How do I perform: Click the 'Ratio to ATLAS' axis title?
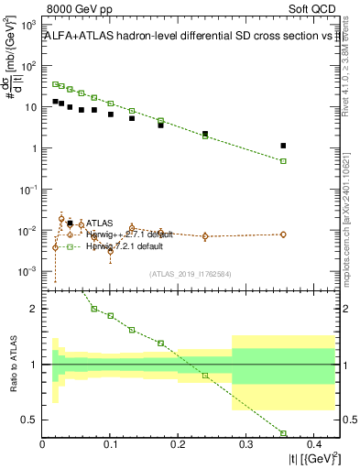[12, 365]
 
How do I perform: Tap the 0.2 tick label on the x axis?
[178, 446]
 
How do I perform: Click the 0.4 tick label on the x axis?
[312, 446]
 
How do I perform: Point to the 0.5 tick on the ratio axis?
[30, 420]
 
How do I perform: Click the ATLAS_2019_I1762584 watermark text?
[189, 273]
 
